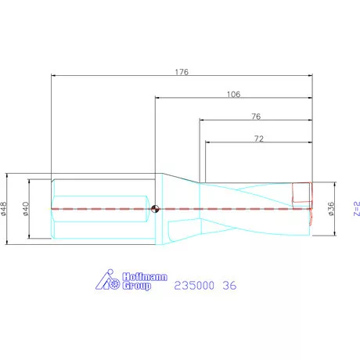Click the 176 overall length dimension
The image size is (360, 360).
click(x=182, y=72)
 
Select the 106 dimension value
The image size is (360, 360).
click(x=233, y=94)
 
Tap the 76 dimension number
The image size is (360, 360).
click(x=256, y=117)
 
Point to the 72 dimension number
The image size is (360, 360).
click(x=258, y=139)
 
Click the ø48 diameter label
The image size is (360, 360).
click(x=4, y=209)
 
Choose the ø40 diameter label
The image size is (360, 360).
click(x=26, y=209)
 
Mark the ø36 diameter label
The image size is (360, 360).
click(x=331, y=209)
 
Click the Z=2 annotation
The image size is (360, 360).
click(x=357, y=208)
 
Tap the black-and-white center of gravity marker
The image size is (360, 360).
click(x=155, y=209)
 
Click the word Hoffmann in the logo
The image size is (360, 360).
click(x=145, y=276)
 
